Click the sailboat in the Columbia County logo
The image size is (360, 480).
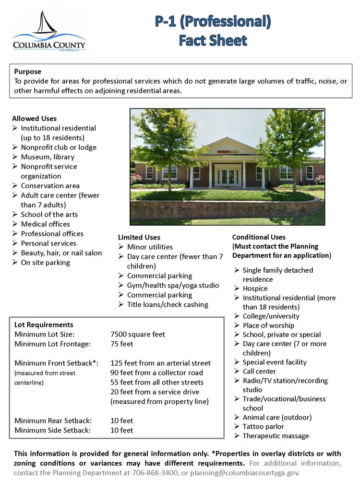click(45, 24)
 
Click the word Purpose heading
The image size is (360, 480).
click(28, 72)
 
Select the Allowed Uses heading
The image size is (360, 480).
click(34, 119)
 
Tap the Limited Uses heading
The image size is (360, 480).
click(139, 237)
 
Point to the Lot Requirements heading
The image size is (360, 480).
click(44, 325)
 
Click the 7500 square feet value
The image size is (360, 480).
click(138, 335)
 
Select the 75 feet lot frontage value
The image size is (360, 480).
click(122, 344)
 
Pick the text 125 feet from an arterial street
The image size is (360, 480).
click(160, 363)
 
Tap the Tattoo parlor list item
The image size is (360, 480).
click(263, 427)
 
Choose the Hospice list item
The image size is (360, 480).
click(255, 288)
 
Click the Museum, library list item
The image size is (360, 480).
click(48, 157)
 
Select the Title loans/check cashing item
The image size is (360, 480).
click(168, 305)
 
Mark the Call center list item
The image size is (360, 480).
click(259, 372)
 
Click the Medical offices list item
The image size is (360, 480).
click(45, 224)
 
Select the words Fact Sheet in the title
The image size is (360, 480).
click(213, 40)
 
